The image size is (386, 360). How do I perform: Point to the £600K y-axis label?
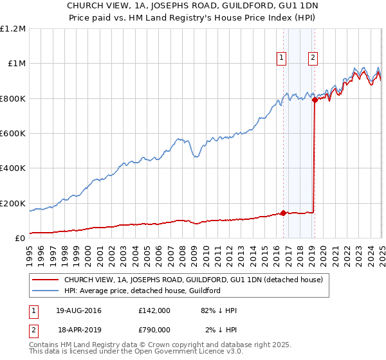(13, 134)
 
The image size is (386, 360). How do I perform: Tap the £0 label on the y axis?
(21, 239)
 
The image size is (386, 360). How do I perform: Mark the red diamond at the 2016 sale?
(284, 213)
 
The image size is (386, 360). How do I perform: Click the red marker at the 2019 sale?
(315, 100)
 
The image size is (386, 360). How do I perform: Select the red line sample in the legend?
(46, 280)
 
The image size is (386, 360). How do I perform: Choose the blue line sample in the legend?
(46, 291)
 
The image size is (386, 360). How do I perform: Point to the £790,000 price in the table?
(154, 330)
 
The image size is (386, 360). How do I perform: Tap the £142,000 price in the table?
(154, 310)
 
